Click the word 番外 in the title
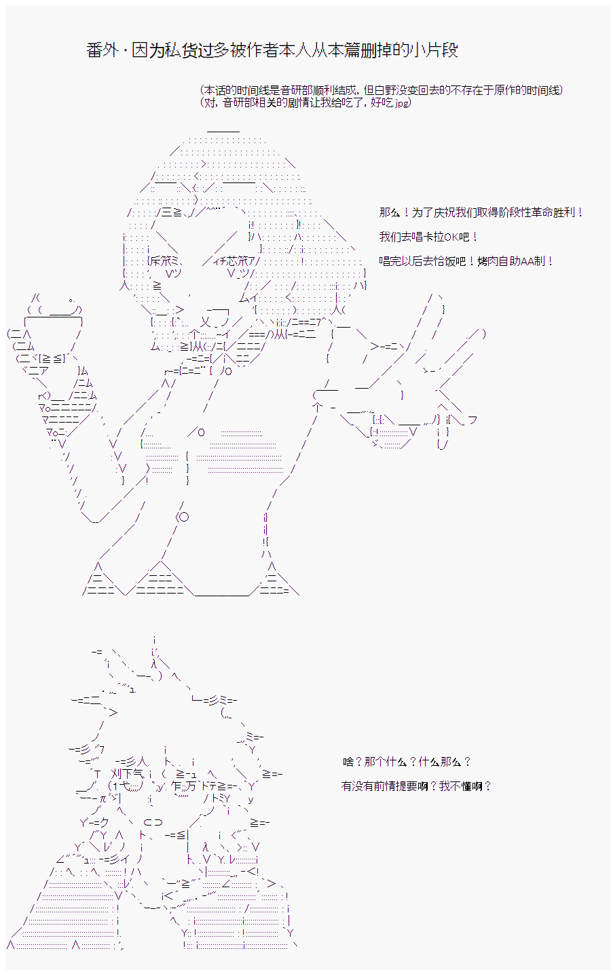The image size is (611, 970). pyautogui.click(x=103, y=50)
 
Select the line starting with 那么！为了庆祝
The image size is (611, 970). pyautogui.click(x=481, y=212)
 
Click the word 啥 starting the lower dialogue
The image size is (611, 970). pyautogui.click(x=348, y=762)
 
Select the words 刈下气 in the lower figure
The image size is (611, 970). pyautogui.click(x=126, y=773)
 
